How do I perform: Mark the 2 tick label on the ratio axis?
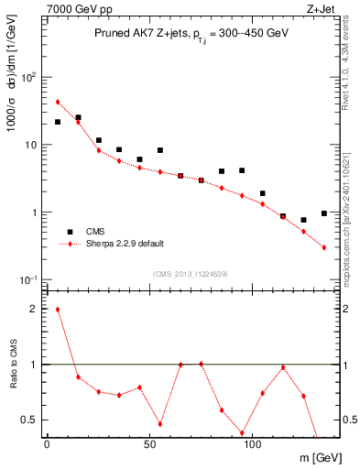click(33, 309)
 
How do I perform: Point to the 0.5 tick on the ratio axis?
click(29, 420)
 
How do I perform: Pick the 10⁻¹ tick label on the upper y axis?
click(27, 279)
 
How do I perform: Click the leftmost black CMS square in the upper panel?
click(58, 122)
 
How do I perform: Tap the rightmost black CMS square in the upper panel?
click(324, 213)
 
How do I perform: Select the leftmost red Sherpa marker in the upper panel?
click(58, 102)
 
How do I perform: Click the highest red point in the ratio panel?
click(58, 309)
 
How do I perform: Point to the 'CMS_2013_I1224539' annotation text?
click(191, 273)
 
